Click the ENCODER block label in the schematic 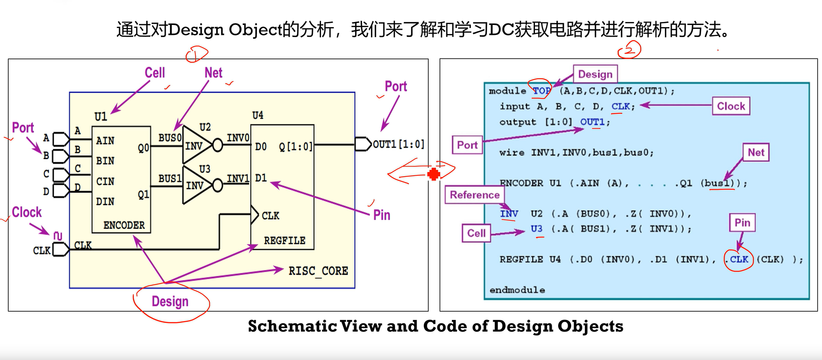point(124,225)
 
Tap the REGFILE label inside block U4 point(284,240)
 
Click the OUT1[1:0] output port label point(398,144)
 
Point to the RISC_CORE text point(318,271)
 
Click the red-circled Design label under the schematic point(170,301)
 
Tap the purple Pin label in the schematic point(381,215)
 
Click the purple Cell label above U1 point(155,73)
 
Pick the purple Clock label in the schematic point(27,212)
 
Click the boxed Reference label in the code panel point(474,195)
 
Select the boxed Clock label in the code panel point(731,106)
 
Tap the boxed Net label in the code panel point(756,152)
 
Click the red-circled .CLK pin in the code point(739,259)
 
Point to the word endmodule point(517,290)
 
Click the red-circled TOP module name point(541,90)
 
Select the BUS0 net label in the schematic point(170,138)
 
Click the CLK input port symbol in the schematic point(60,249)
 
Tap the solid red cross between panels point(434,174)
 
